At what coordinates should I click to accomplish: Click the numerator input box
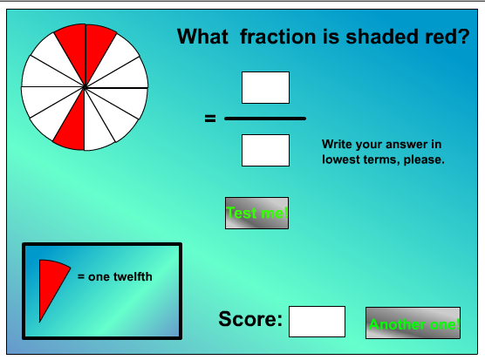265,87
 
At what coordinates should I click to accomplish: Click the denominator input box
265,150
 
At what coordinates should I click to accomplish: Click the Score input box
317,322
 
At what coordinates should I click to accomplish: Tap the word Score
250,319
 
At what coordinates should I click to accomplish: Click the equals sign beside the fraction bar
210,119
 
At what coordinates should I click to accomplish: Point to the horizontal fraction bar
265,119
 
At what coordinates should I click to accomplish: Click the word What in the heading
202,37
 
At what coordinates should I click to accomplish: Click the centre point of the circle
85,87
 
